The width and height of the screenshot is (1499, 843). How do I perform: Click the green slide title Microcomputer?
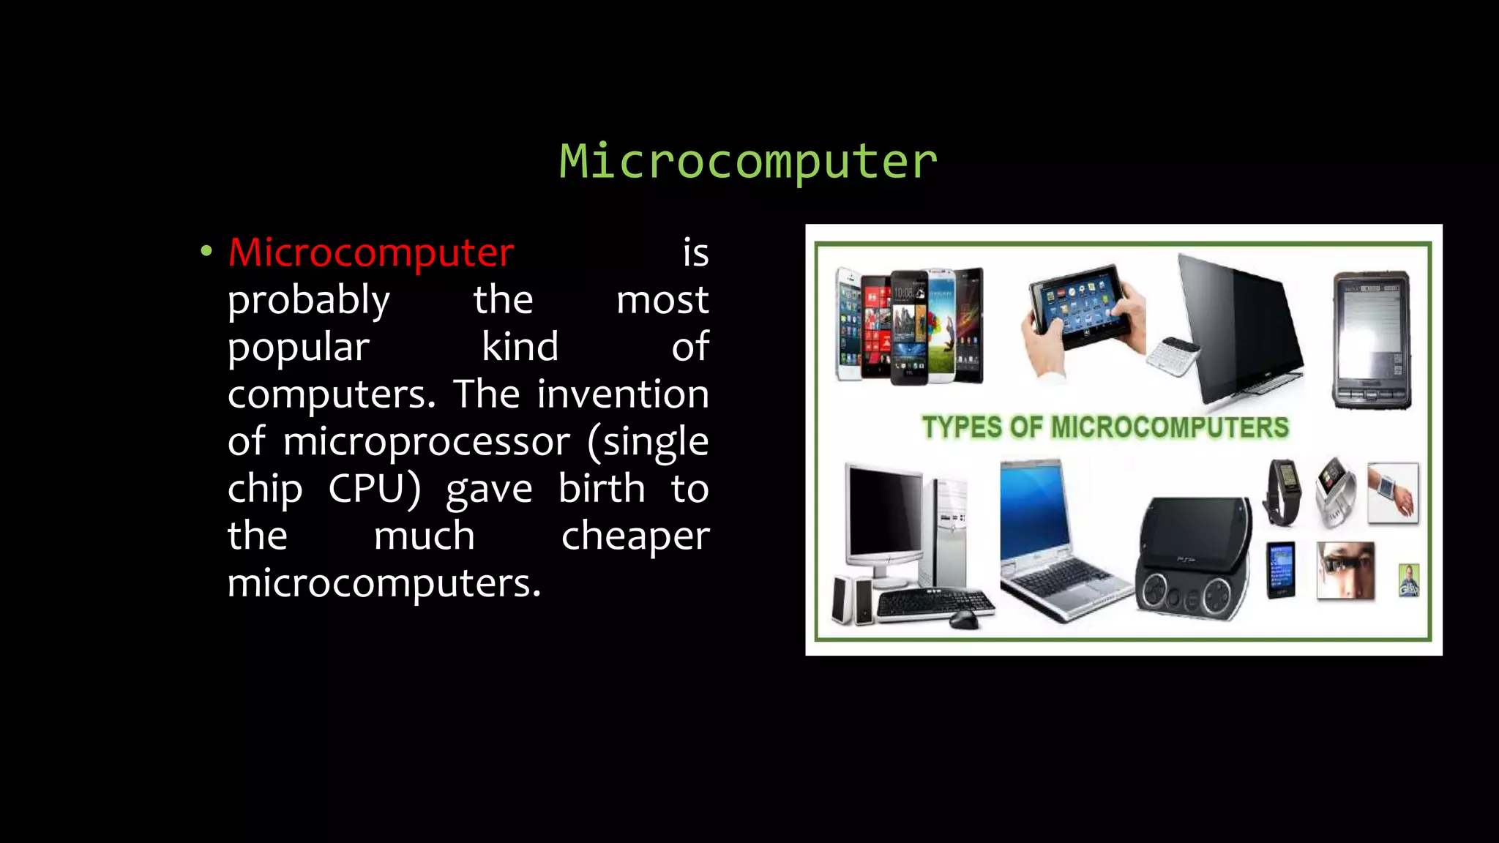click(x=748, y=162)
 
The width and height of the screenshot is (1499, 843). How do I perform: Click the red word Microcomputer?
click(x=371, y=253)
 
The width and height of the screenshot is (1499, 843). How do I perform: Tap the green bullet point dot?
click(x=206, y=252)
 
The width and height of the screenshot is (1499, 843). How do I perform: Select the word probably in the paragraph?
click(x=309, y=301)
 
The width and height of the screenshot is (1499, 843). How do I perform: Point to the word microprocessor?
click(x=427, y=442)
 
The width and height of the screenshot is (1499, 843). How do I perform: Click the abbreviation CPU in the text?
click(x=374, y=489)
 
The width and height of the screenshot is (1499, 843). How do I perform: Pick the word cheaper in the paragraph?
click(x=635, y=536)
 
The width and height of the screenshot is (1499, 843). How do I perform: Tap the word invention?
click(x=623, y=394)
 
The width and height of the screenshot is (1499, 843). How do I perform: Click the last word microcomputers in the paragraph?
click(x=384, y=584)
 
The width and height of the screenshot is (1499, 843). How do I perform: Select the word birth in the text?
click(x=602, y=489)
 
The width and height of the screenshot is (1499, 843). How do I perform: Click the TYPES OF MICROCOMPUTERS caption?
click(x=1105, y=427)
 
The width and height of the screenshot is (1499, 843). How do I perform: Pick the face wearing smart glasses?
click(x=1345, y=570)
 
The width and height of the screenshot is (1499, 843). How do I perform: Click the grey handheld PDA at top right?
click(x=1372, y=340)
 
